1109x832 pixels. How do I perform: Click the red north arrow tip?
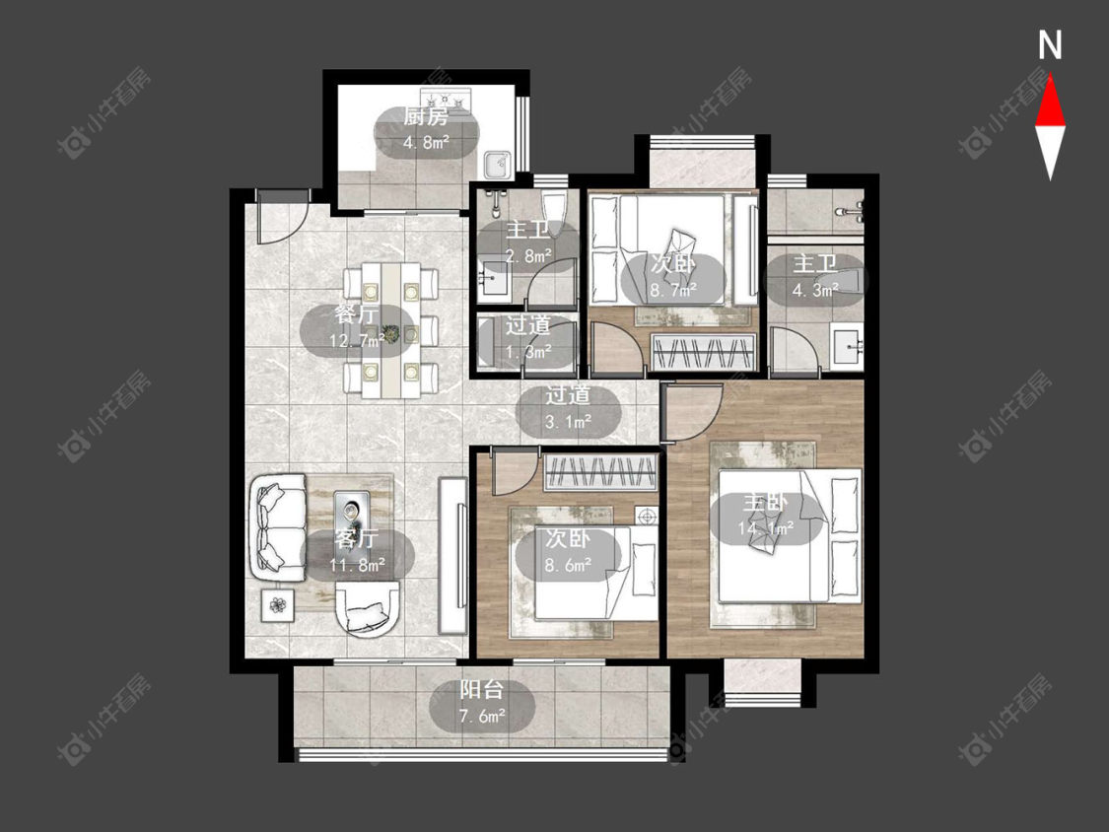click(1050, 76)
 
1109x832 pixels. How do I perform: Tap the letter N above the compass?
click(1050, 45)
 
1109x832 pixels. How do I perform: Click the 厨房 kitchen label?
click(426, 116)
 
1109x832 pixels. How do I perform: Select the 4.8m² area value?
click(427, 142)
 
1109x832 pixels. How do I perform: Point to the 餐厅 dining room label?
click(357, 314)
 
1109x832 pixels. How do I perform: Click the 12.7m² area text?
click(357, 340)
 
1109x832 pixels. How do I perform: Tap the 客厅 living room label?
click(357, 539)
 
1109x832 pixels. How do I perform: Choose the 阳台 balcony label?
click(482, 690)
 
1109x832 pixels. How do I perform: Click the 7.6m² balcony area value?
click(482, 716)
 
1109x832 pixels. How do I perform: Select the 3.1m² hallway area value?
click(569, 422)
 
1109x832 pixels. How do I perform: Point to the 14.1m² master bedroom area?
click(766, 528)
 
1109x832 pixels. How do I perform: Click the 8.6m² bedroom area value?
click(569, 565)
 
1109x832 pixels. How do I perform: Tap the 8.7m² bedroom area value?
click(673, 290)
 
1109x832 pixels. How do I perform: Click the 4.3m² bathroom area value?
click(815, 290)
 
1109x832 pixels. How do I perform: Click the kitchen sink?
click(498, 164)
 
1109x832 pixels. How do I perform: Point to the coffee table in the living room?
click(352, 515)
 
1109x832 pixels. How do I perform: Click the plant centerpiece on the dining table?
click(389, 331)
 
